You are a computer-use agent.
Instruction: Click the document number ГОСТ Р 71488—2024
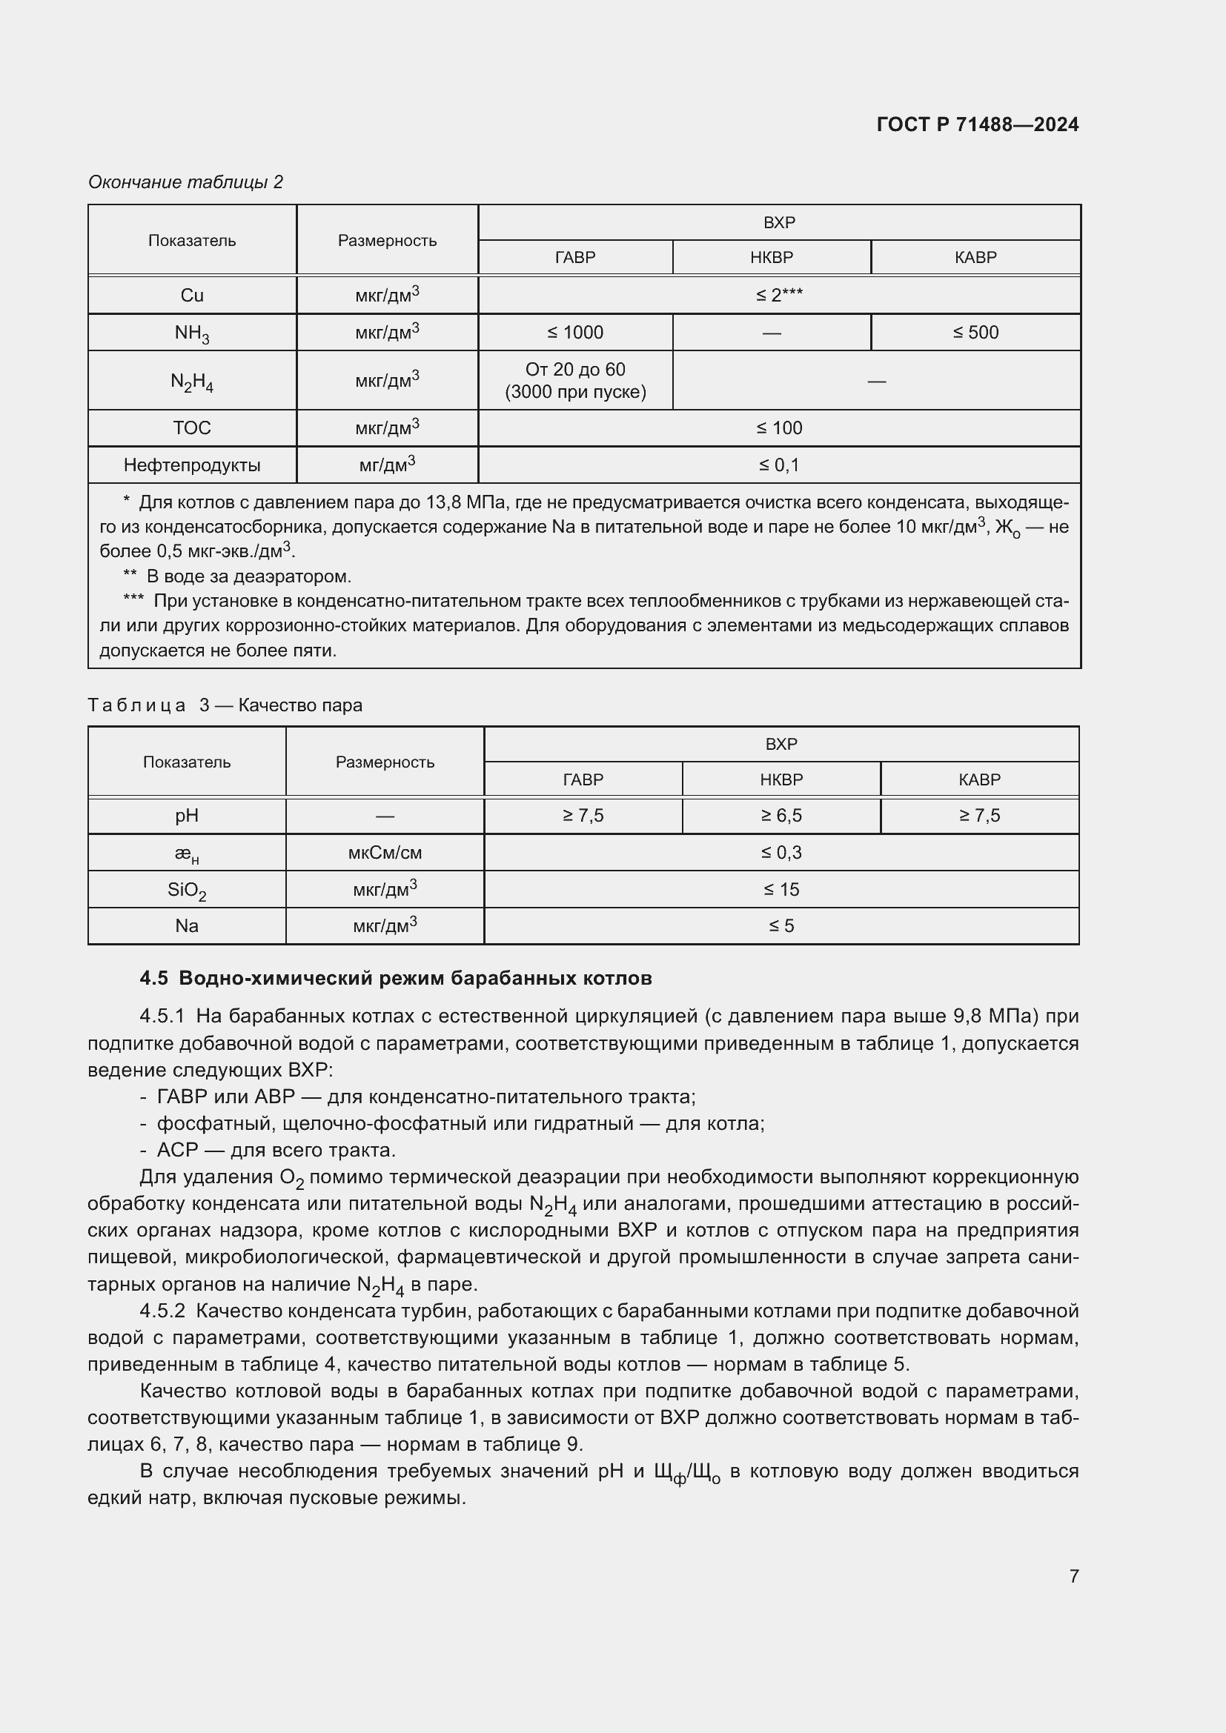coord(977,124)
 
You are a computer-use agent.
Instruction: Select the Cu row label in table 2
coord(192,295)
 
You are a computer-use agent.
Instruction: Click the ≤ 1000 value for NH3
coord(575,332)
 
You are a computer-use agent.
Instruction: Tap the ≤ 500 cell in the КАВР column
coord(975,332)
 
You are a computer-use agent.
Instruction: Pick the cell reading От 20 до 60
coord(575,370)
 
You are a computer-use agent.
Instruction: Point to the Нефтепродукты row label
coord(192,465)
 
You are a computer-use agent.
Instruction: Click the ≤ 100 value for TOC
coord(779,428)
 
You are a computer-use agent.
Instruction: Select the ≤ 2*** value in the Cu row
coord(779,295)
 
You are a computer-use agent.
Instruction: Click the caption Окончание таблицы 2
coord(186,182)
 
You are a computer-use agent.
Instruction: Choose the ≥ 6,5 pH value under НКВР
coord(781,815)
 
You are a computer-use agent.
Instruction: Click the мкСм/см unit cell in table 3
coord(384,853)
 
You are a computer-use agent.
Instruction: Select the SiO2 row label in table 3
coord(187,890)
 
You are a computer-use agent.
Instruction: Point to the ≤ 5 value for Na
coord(781,926)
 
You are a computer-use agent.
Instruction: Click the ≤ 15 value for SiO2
coord(781,889)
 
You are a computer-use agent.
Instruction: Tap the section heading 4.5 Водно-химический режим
coord(396,978)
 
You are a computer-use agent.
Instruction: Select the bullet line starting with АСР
coord(276,1150)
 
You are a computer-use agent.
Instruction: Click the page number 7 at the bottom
coord(1073,1575)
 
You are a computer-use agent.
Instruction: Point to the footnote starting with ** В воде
coord(238,576)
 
